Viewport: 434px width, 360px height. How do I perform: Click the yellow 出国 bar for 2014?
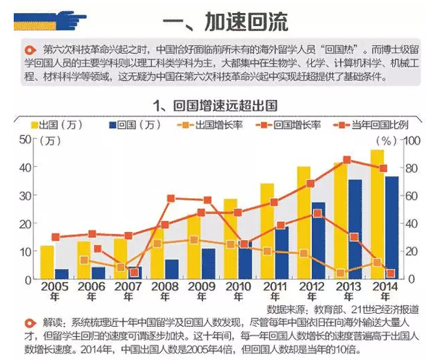point(377,214)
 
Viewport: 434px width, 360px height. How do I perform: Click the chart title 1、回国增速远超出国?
point(215,104)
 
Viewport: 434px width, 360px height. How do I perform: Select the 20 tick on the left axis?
point(25,223)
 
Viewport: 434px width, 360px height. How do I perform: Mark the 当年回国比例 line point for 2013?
point(346,160)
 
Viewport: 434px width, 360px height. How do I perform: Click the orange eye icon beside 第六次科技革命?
point(30,50)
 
